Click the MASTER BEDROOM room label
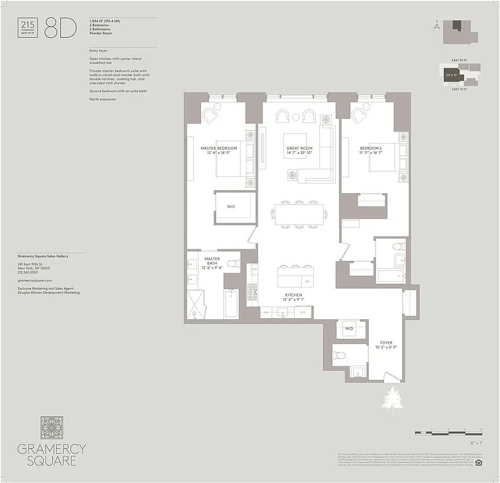click(x=219, y=148)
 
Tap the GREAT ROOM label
click(x=299, y=148)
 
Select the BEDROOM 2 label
click(x=370, y=148)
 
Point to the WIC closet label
click(x=231, y=206)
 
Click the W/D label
click(x=348, y=329)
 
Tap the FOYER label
click(x=386, y=343)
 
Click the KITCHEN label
click(x=293, y=296)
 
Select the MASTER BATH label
click(x=211, y=259)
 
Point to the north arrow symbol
click(x=435, y=25)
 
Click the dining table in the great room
click(x=300, y=214)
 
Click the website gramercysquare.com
click(x=35, y=281)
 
